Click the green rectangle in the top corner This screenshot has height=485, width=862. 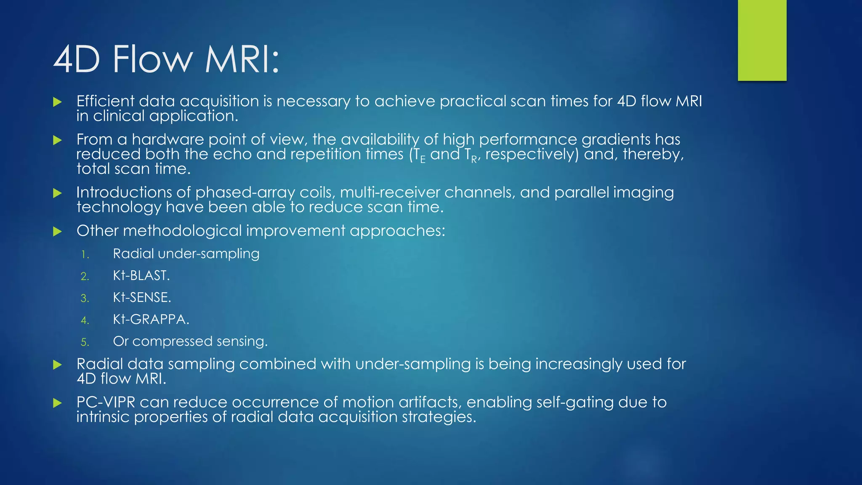pyautogui.click(x=762, y=40)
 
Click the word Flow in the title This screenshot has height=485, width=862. pyautogui.click(x=152, y=59)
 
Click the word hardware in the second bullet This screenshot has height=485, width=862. pyautogui.click(x=168, y=139)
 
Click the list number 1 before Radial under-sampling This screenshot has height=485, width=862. pyautogui.click(x=85, y=254)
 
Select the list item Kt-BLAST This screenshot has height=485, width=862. pyautogui.click(x=141, y=275)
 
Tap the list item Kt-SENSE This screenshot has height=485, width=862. pyautogui.click(x=142, y=297)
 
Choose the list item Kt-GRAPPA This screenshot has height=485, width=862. pyautogui.click(x=151, y=319)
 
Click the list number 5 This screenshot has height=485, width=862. pyautogui.click(x=85, y=342)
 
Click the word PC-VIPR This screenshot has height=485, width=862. pyautogui.click(x=106, y=402)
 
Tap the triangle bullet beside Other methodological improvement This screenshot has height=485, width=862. pyautogui.click(x=58, y=231)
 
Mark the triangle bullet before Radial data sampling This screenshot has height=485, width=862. pyautogui.click(x=58, y=365)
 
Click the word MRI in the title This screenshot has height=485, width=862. pyautogui.click(x=242, y=59)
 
